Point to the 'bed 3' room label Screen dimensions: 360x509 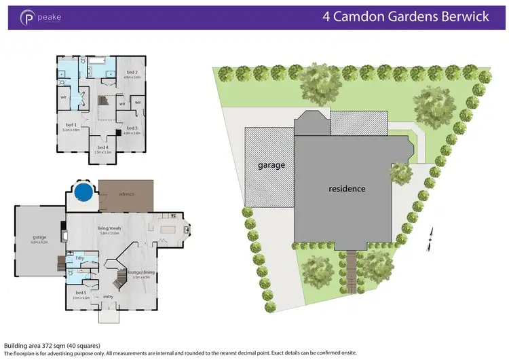[132, 128]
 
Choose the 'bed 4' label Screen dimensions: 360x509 [102, 147]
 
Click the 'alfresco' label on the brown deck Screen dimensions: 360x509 [126, 195]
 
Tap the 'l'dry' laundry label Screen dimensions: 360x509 [80, 258]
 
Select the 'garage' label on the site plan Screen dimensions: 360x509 [270, 165]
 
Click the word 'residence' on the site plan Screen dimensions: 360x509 [347, 189]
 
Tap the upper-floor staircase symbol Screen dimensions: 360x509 [102, 101]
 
